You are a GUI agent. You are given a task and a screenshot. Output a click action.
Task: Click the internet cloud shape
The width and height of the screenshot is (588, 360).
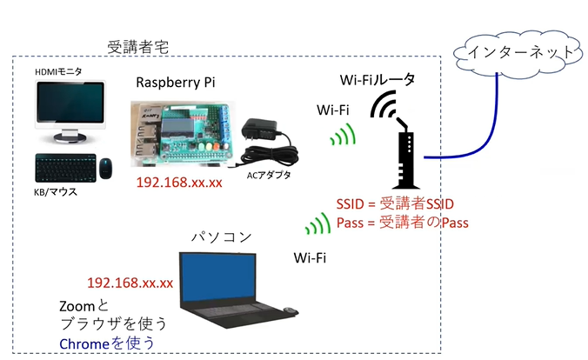(x=519, y=52)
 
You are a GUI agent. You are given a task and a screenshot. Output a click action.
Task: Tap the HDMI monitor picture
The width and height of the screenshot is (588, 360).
(x=69, y=110)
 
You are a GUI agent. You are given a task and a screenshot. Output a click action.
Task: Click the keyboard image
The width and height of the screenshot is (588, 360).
(x=64, y=168)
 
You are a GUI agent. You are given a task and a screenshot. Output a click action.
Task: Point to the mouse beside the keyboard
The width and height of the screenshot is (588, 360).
(x=105, y=166)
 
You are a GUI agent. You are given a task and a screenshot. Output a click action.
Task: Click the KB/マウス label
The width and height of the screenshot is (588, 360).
(x=57, y=191)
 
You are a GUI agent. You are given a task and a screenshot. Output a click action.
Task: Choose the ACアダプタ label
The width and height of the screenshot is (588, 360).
(x=266, y=176)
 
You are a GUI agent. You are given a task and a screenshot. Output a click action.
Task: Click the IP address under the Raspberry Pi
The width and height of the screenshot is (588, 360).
(x=179, y=183)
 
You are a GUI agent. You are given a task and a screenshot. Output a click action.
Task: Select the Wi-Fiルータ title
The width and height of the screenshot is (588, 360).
(x=377, y=80)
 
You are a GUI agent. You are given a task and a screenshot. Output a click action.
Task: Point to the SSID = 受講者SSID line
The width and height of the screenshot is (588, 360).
(x=395, y=203)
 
